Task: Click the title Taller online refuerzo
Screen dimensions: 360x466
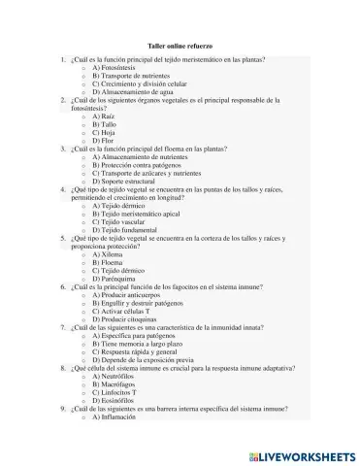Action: coord(180,48)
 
